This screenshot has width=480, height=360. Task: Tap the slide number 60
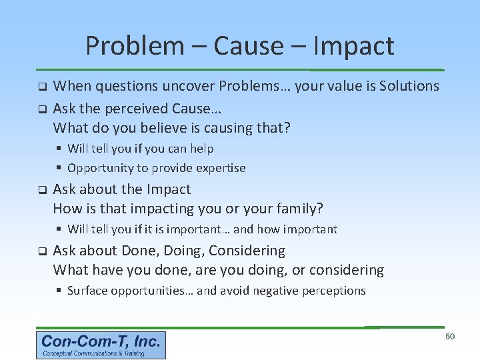pos(449,337)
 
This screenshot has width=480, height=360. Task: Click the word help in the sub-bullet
pos(201,149)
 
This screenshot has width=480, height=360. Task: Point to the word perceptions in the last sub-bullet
pos(333,291)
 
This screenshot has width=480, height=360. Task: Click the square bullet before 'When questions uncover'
pos(41,87)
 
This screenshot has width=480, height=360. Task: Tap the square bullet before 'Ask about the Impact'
pos(41,191)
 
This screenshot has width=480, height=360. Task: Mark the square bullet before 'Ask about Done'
pos(41,252)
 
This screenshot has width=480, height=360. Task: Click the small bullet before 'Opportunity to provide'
pos(59,168)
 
